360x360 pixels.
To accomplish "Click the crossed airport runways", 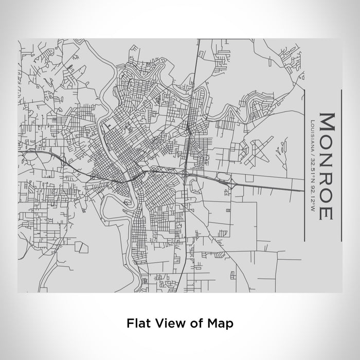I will [x=258, y=152].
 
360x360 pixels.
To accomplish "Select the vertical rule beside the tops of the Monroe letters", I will [x=341, y=165].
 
